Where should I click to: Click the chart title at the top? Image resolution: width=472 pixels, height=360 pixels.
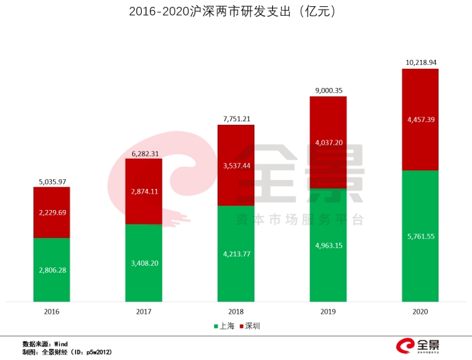[x=232, y=12]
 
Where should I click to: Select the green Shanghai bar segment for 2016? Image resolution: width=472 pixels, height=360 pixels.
[x=52, y=270]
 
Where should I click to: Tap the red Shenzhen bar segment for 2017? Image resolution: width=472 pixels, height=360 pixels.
[x=144, y=192]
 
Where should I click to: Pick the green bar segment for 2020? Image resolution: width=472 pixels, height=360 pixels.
[x=420, y=236]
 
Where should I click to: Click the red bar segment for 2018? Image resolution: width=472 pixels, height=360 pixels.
[x=236, y=165]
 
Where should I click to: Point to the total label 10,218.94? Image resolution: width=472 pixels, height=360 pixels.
[x=421, y=62]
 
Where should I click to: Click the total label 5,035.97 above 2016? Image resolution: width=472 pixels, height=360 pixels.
[x=53, y=182]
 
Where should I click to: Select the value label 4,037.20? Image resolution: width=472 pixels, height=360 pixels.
[x=329, y=142]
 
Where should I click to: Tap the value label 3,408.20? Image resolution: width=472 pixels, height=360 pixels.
[x=145, y=263]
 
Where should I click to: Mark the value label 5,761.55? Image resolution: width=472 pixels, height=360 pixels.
[x=421, y=237]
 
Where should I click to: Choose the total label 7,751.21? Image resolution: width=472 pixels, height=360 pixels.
[x=237, y=119]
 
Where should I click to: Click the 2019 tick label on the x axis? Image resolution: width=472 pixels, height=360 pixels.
[x=328, y=312]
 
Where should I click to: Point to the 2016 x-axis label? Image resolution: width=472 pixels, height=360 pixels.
[x=52, y=312]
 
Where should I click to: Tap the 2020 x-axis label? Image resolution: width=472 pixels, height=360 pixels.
[x=420, y=312]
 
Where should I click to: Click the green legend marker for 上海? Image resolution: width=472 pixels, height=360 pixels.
[x=216, y=326]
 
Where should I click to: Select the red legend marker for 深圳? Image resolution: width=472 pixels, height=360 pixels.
[x=241, y=326]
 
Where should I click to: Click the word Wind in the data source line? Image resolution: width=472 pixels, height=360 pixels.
[x=61, y=344]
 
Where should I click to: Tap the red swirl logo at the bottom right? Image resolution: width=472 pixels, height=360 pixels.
[x=405, y=346]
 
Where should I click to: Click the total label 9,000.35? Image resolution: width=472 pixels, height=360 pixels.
[x=329, y=91]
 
